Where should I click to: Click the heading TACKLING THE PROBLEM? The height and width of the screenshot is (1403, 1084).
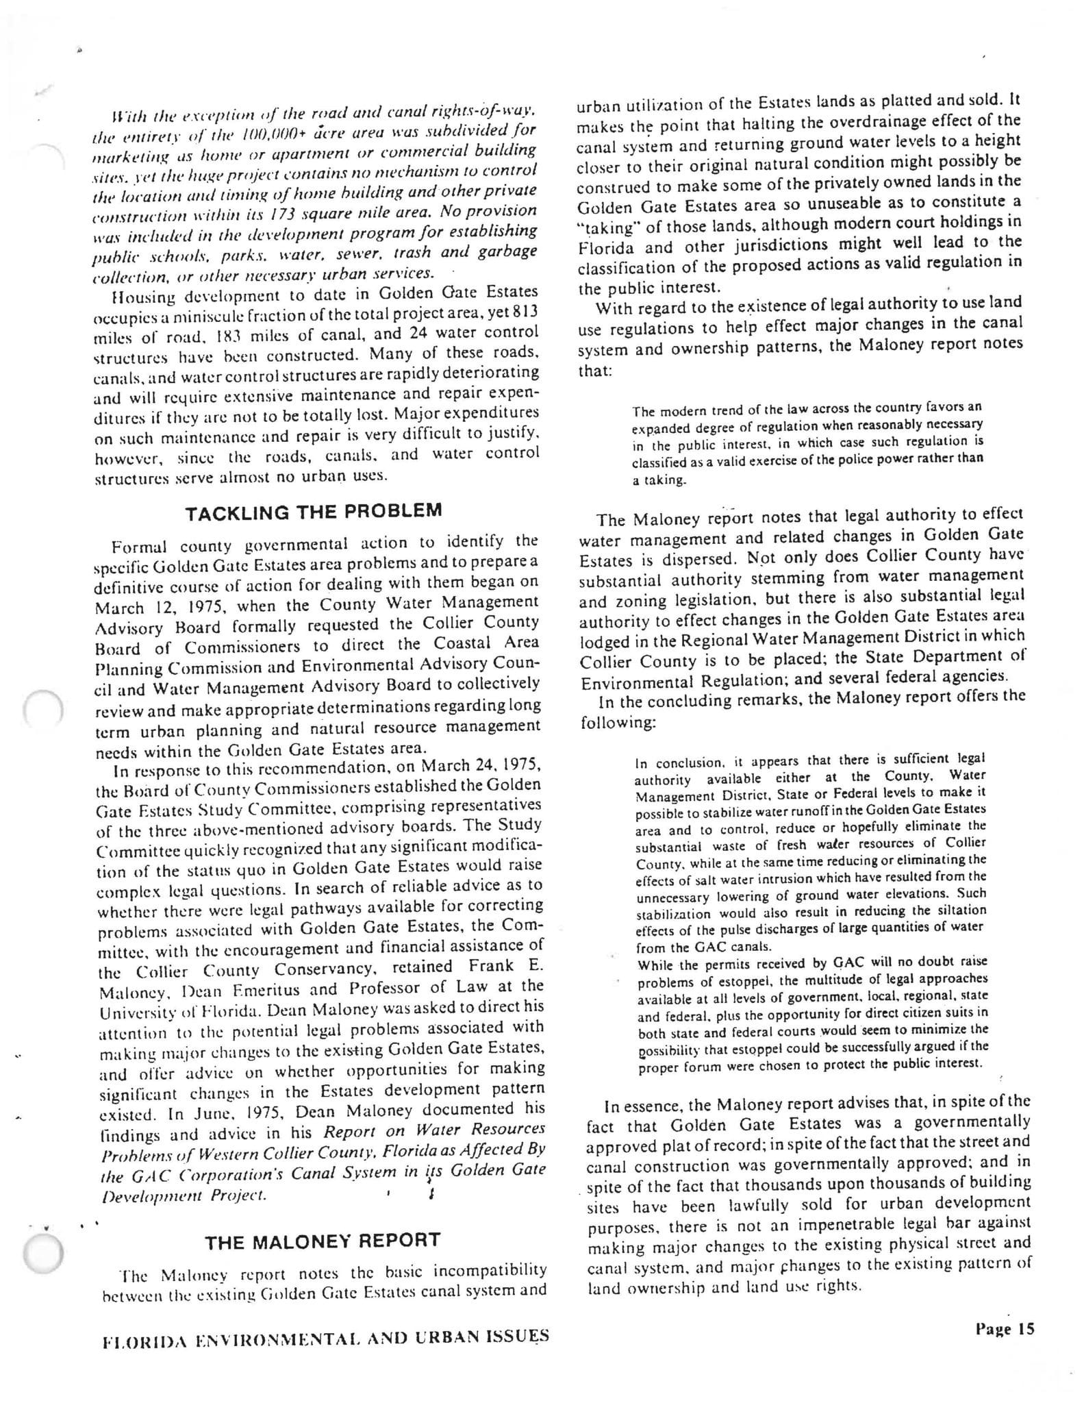point(314,511)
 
